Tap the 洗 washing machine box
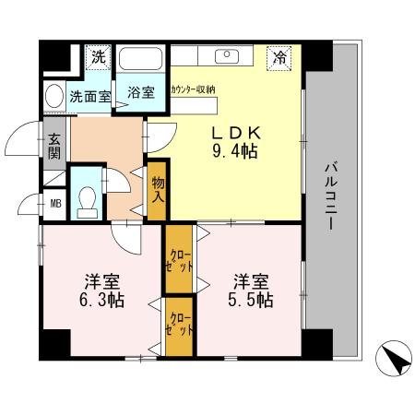pos(96,56)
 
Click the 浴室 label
pos(140,92)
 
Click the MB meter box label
pos(54,203)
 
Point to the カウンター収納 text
pos(194,89)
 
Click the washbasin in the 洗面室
pos(56,95)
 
